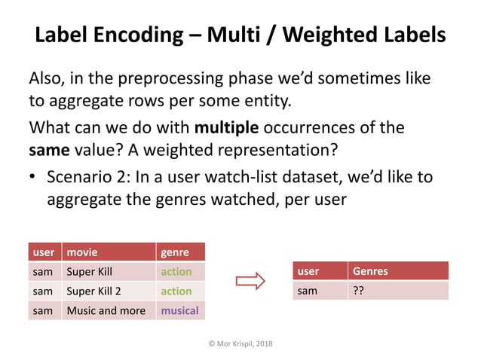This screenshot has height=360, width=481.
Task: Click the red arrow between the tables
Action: click(x=250, y=282)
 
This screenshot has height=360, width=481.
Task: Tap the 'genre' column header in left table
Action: click(x=174, y=252)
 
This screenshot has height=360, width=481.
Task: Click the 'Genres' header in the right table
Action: click(x=369, y=271)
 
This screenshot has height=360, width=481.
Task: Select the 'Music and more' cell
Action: click(x=106, y=310)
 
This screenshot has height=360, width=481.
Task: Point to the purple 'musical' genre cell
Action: click(x=179, y=310)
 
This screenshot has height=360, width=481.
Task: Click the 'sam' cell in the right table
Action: click(x=307, y=291)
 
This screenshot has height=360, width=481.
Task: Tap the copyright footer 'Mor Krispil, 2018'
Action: click(x=240, y=343)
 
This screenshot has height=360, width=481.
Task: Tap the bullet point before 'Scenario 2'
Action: click(x=33, y=178)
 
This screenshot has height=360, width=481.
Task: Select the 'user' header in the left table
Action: click(x=42, y=252)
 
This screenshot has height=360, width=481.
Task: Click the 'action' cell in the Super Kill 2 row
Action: click(x=176, y=291)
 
